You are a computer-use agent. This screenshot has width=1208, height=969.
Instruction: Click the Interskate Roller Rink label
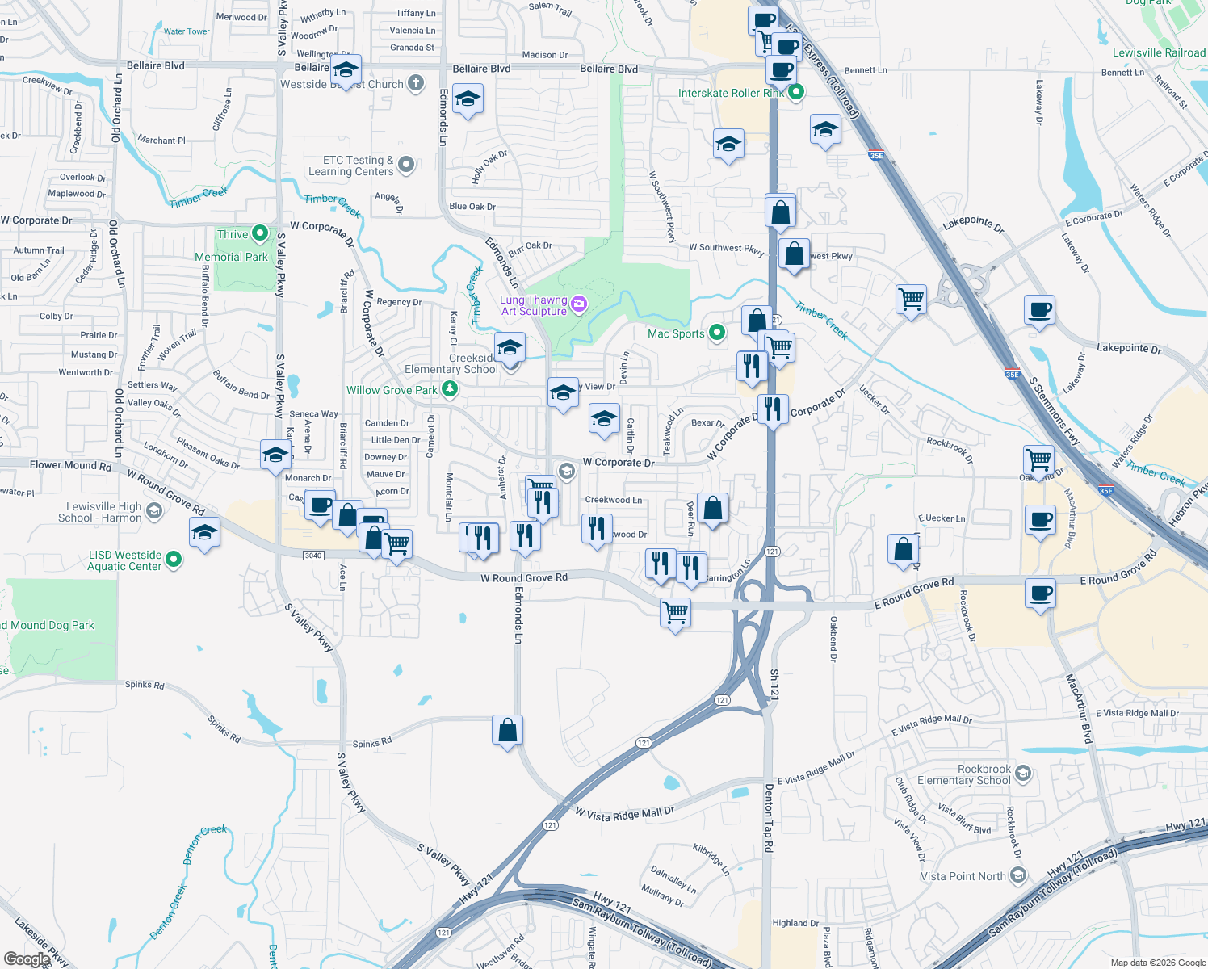[731, 93]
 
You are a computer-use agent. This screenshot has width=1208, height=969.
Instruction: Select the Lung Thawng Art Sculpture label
[533, 305]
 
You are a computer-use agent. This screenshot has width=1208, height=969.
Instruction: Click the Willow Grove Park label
[392, 390]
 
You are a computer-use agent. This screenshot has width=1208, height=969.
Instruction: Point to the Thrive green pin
[260, 234]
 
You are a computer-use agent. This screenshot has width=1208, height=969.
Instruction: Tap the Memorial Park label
[231, 257]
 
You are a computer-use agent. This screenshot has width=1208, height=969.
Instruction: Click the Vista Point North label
[963, 876]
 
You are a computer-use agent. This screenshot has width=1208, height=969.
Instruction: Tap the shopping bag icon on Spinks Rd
[508, 731]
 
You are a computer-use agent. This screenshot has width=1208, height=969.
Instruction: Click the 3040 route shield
[313, 555]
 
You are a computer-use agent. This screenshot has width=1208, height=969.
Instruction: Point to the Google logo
[27, 959]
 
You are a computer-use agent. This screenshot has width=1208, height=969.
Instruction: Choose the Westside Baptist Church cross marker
[416, 83]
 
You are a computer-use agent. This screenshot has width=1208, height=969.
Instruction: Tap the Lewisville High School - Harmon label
[100, 512]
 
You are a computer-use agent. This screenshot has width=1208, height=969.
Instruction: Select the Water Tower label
[187, 31]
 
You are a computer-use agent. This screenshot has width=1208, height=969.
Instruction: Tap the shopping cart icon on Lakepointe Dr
[912, 299]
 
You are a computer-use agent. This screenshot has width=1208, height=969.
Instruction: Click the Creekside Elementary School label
[451, 363]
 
